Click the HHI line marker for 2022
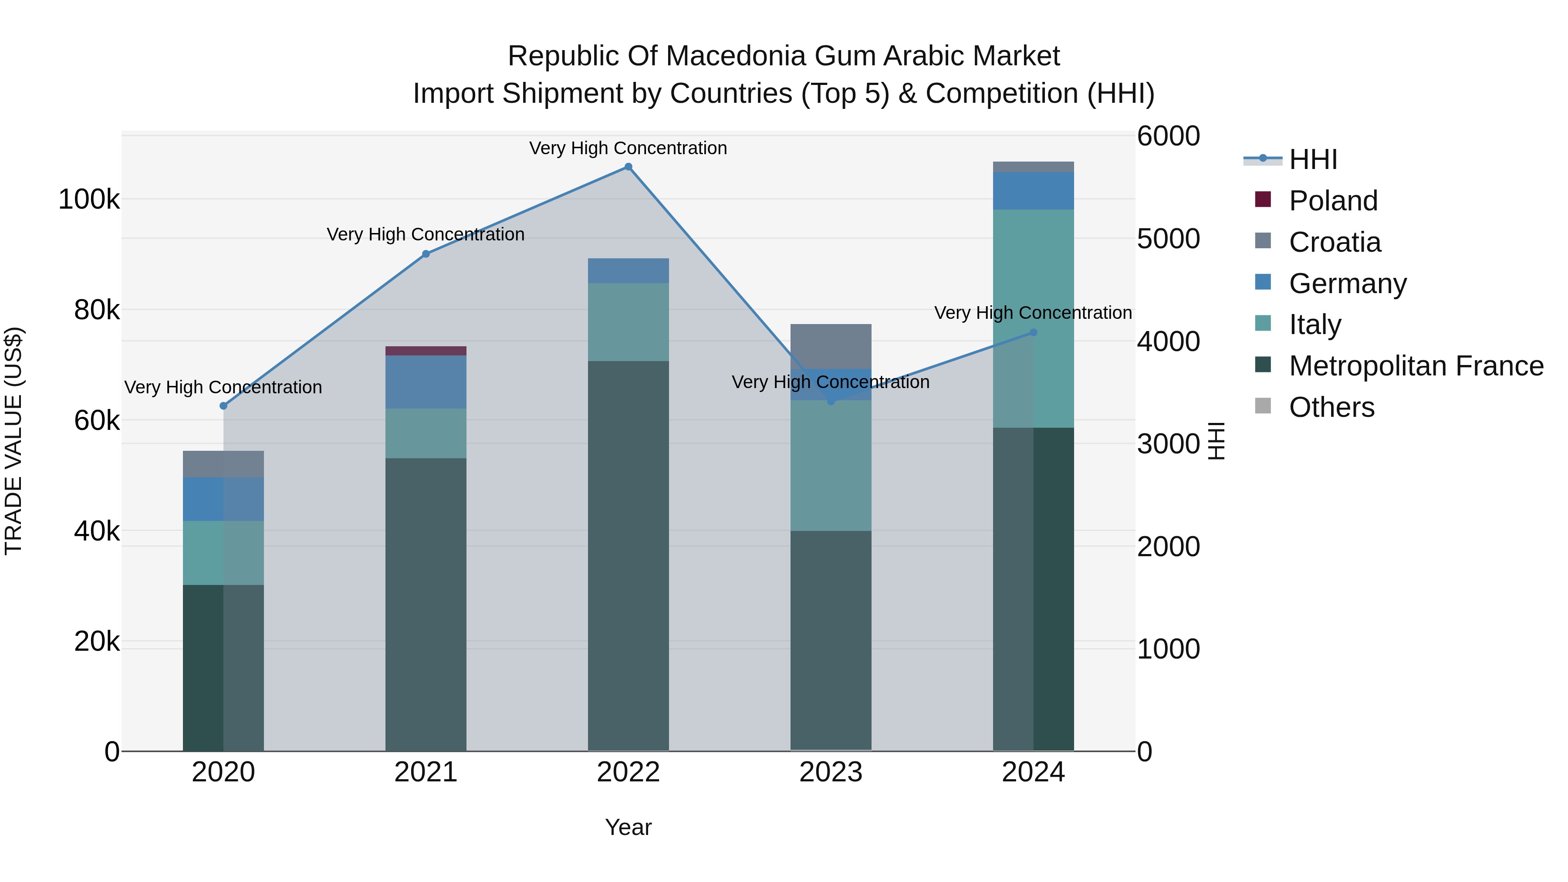click(x=628, y=167)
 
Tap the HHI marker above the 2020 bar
click(x=223, y=406)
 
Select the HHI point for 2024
click(x=1033, y=332)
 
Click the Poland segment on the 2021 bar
click(x=426, y=351)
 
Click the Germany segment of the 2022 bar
click(x=628, y=271)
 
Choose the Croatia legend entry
click(x=1334, y=242)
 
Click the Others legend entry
click(x=1331, y=407)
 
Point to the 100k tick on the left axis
click(x=89, y=199)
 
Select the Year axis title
click(x=628, y=827)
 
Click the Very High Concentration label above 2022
click(x=628, y=149)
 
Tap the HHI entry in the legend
click(x=1312, y=159)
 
